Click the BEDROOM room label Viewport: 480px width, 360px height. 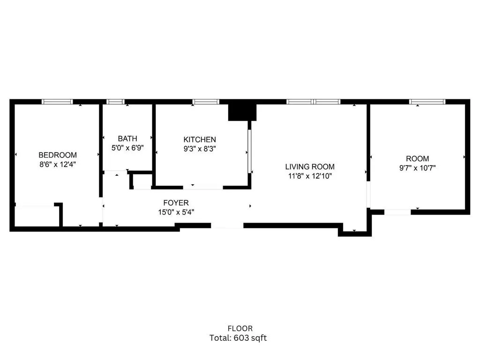(57, 155)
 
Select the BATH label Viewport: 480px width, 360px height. (127, 139)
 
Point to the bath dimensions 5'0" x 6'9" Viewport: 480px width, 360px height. (127, 148)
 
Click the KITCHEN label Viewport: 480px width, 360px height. (200, 140)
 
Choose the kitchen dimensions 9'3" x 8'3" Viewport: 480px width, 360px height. (200, 149)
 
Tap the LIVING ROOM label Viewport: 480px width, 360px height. (310, 167)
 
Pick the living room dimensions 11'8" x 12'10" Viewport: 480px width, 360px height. (310, 176)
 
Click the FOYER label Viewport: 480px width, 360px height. (176, 203)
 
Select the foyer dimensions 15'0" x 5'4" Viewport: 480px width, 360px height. (176, 212)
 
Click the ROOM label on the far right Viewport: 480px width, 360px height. (417, 159)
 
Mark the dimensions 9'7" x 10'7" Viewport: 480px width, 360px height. (417, 168)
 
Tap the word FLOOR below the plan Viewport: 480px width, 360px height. (240, 329)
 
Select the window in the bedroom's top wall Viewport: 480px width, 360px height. (57, 101)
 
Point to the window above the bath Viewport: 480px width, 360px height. (115, 101)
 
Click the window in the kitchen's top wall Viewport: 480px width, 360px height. (206, 101)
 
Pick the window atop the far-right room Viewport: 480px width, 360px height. (427, 101)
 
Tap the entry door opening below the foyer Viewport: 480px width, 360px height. (227, 225)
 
